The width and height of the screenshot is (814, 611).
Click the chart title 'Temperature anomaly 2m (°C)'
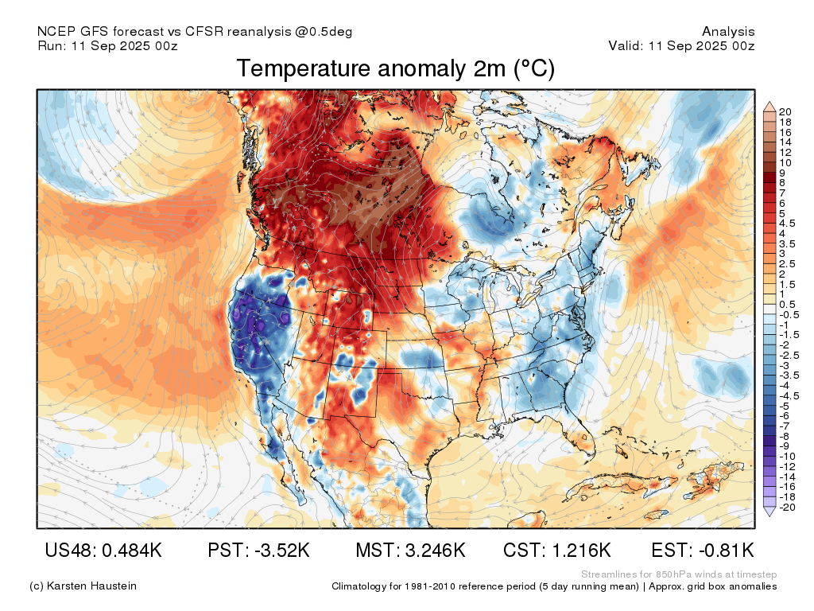click(396, 68)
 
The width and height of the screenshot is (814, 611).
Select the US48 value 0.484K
click(132, 550)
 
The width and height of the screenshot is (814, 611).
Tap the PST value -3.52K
click(282, 550)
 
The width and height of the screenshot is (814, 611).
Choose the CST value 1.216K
click(580, 550)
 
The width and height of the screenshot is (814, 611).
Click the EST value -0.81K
click(727, 550)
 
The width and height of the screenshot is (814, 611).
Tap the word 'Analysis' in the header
click(728, 32)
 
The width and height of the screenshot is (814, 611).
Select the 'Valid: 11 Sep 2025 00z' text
click(681, 45)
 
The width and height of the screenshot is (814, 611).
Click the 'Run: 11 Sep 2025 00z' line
click(107, 45)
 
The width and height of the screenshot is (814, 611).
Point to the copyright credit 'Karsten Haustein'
click(91, 586)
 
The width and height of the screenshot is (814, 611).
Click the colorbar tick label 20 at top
click(785, 111)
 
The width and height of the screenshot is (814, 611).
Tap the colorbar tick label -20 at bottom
click(787, 507)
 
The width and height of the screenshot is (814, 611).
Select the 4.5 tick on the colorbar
click(787, 224)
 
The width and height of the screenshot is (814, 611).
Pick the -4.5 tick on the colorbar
click(789, 396)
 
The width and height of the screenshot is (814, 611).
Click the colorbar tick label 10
click(785, 162)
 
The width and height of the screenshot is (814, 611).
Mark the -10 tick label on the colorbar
click(787, 457)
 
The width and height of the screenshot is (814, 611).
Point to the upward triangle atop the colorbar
click(769, 107)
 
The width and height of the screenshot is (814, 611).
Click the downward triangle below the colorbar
click(769, 512)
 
